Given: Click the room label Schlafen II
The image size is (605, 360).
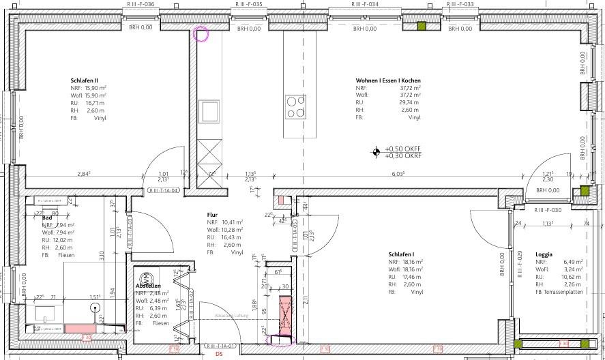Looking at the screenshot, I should click(85, 80).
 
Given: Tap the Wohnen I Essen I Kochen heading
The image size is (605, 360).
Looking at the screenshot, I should click(388, 80).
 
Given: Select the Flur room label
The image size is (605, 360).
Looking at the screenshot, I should click(212, 215).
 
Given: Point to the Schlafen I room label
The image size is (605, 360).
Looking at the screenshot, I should click(402, 253).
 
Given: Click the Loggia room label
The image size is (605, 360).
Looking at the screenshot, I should click(544, 254).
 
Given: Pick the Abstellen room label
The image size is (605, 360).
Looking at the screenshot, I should click(148, 285).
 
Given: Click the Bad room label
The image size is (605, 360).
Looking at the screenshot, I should click(47, 217).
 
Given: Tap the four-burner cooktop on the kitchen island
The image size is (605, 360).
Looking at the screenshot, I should click(296, 108).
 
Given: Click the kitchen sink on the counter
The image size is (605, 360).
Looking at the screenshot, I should click(209, 110).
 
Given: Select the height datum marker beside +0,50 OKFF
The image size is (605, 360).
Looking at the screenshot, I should click(376, 152).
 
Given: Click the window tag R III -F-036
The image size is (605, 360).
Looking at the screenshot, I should click(141, 4).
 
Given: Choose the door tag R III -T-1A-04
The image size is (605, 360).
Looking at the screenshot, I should click(164, 192).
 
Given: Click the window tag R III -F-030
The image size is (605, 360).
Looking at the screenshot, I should click(548, 210).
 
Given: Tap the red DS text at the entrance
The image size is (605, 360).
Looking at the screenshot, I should click(220, 355).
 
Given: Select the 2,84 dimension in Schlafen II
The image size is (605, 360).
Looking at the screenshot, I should click(84, 174).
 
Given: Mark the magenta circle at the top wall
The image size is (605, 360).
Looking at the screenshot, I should click(201, 34).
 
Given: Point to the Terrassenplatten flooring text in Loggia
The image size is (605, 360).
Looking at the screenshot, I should click(562, 292).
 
